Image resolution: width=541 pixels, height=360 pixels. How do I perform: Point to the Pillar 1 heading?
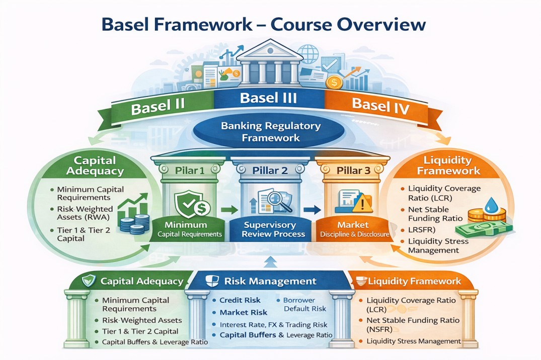click(x=190, y=170)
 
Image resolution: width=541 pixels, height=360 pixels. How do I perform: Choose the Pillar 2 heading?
click(x=270, y=170)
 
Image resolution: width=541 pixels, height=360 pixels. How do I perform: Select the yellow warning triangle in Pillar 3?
click(x=361, y=205)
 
